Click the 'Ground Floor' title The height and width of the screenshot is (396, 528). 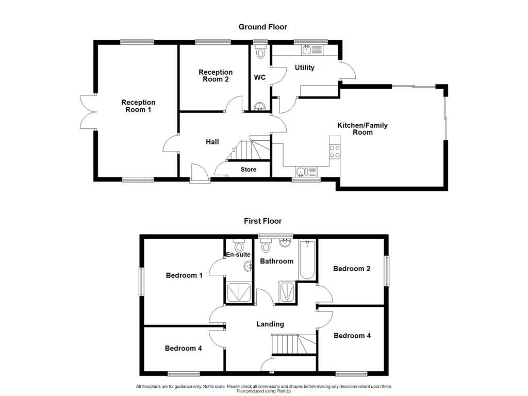262,27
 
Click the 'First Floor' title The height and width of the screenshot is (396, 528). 262,221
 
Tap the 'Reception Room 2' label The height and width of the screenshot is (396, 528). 216,76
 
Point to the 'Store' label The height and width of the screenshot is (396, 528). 248,170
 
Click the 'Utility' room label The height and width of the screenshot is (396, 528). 304,68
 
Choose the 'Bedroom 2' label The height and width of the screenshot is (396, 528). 352,269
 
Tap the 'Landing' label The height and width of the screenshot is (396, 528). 270,324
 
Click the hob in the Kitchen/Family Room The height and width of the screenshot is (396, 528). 335,151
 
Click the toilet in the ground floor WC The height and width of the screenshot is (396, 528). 260,52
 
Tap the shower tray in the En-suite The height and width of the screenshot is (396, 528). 239,292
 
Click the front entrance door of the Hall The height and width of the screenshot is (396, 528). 199,174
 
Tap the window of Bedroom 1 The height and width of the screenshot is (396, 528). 141,282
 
